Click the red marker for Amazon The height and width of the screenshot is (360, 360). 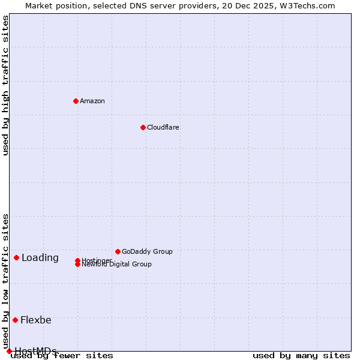[x=76, y=101]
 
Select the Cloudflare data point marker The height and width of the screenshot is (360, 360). [x=143, y=127]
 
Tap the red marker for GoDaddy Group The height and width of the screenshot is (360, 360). [x=118, y=251]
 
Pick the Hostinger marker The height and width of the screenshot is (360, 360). [x=77, y=260]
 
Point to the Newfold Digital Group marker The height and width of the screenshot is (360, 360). [x=77, y=264]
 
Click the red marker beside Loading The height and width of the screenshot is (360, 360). [x=16, y=257]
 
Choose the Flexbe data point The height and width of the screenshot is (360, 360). [x=15, y=320]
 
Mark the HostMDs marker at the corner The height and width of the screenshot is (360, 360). [x=9, y=351]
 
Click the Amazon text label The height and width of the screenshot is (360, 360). [x=92, y=101]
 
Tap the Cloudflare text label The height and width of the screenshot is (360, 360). [x=163, y=127]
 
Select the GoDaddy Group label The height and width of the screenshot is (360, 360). [x=147, y=251]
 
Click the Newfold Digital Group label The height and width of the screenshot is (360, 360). [x=116, y=265]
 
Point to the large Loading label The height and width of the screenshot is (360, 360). [x=40, y=258]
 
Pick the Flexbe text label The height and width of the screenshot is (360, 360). [x=36, y=320]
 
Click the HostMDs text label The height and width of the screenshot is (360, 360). [x=36, y=351]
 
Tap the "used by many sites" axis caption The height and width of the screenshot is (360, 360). [x=301, y=356]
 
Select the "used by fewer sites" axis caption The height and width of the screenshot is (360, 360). [x=62, y=356]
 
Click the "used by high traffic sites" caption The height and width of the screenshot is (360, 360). [x=6, y=85]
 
